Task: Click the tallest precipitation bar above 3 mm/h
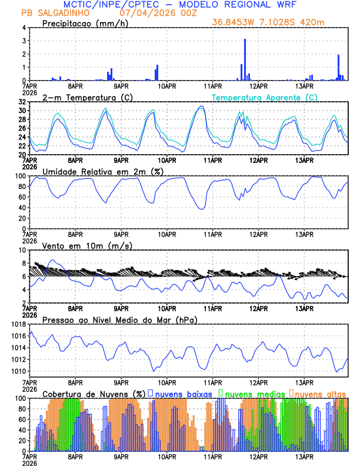pyautogui.click(x=245, y=59)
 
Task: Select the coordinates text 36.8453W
pyautogui.click(x=234, y=22)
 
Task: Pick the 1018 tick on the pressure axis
pyautogui.click(x=18, y=324)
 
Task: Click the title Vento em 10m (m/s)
pyautogui.click(x=87, y=245)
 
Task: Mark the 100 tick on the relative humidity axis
pyautogui.click(x=19, y=176)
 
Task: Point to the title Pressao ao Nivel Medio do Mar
pyautogui.click(x=119, y=319)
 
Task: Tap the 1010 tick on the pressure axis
pyautogui.click(x=18, y=371)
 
